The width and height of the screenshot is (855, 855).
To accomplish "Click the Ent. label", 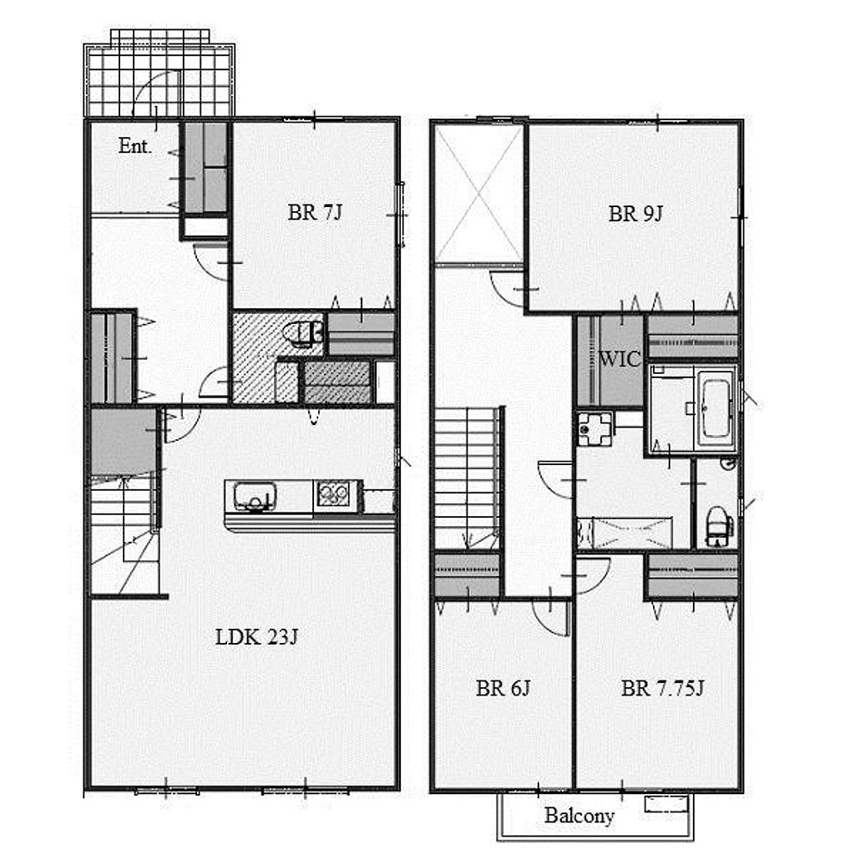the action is [x=134, y=146].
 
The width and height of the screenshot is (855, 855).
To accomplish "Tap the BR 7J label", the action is [x=315, y=212].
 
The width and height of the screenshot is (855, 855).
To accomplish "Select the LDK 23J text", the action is [x=256, y=637].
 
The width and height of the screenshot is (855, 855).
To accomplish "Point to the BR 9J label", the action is [x=635, y=213].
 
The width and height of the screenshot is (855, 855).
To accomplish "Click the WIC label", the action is [x=620, y=359].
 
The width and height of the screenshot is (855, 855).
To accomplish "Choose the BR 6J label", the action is [x=503, y=688].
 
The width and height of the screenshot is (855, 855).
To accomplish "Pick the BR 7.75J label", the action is [x=662, y=688].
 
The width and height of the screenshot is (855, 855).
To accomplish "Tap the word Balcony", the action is [x=579, y=816].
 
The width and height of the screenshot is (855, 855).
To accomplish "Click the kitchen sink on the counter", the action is [x=255, y=496].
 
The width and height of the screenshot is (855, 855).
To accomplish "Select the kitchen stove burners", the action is [x=334, y=495].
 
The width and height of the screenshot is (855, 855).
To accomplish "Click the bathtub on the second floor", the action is [x=716, y=407].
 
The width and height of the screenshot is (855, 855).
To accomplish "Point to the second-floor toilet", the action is [x=719, y=526].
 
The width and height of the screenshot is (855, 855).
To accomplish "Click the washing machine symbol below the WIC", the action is [x=595, y=429].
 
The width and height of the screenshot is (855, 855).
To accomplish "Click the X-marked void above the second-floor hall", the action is [x=478, y=194].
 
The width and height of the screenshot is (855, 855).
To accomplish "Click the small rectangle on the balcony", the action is [x=665, y=804].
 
